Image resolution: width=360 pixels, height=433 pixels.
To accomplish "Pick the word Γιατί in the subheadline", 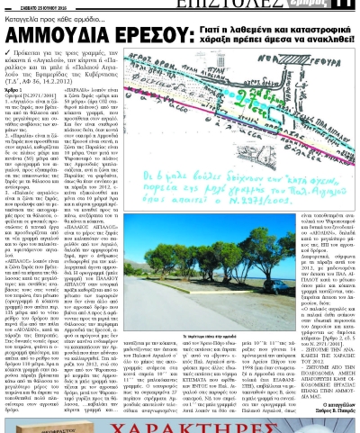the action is [x=209, y=30].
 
